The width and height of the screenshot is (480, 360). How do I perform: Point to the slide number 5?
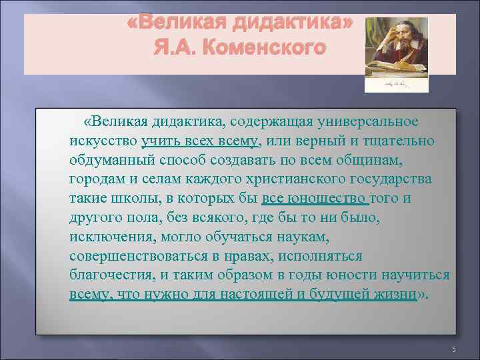pos(453,350)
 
